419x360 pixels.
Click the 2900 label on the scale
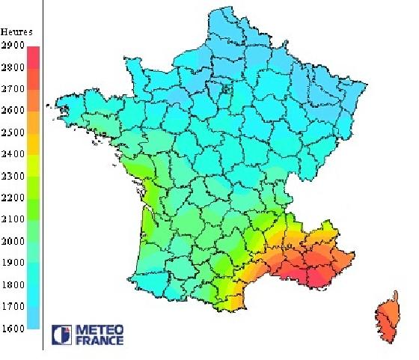(x=12, y=46)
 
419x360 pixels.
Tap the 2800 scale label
(x=12, y=67)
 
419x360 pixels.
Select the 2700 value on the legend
(x=12, y=89)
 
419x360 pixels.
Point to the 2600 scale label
(x=12, y=111)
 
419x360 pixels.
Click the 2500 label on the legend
(x=12, y=132)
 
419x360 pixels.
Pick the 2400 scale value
(x=12, y=154)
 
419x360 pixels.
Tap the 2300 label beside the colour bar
(x=12, y=176)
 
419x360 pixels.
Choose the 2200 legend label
(x=12, y=198)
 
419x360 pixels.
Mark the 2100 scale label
(x=12, y=219)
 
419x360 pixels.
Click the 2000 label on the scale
(x=12, y=241)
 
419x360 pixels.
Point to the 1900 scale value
(x=12, y=263)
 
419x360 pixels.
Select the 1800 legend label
(x=12, y=284)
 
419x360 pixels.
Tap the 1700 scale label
(x=12, y=306)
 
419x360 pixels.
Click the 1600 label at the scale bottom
(x=12, y=328)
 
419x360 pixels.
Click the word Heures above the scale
(x=16, y=31)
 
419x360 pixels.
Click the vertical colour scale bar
(x=33, y=187)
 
